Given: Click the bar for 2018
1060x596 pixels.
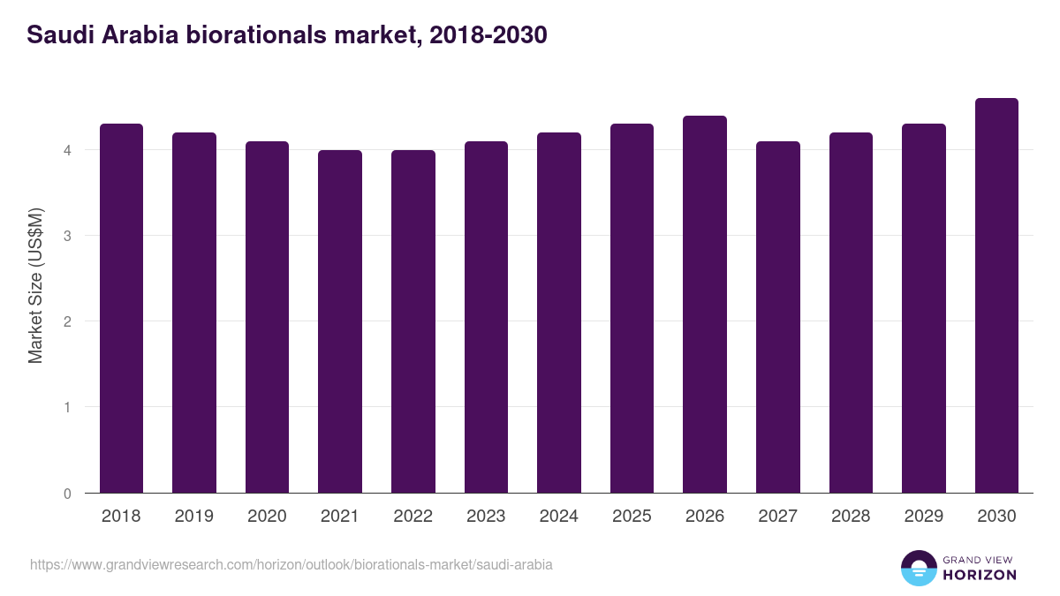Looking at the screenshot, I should (121, 308).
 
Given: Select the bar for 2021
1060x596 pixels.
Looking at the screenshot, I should (340, 321).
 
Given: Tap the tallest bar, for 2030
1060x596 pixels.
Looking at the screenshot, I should (996, 296).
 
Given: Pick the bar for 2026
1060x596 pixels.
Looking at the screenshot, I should (705, 305).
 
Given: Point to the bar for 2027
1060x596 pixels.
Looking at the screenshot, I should (778, 317).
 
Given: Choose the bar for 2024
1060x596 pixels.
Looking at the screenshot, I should (559, 313).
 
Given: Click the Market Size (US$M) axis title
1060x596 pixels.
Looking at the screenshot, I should (35, 286).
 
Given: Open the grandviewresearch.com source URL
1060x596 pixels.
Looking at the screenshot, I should (291, 564).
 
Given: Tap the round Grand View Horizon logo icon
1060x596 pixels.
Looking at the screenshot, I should (918, 568).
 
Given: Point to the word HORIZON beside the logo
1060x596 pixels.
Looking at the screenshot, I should (980, 575).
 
